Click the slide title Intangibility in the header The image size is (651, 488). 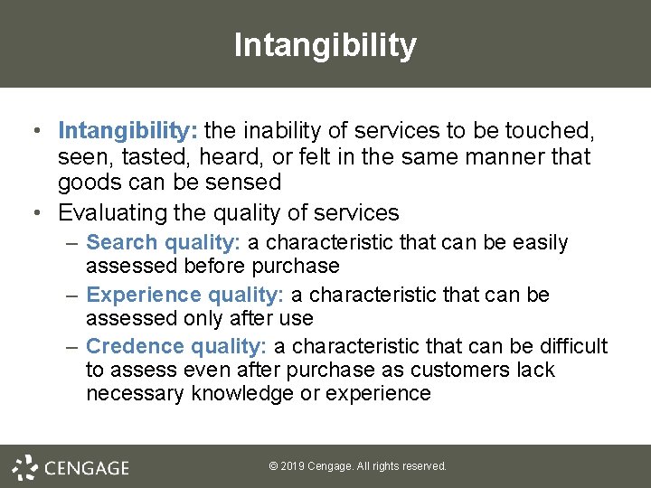click(x=325, y=44)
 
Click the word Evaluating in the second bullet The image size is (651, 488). click(x=107, y=213)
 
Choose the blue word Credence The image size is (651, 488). click(x=134, y=347)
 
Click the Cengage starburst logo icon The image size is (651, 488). click(x=24, y=466)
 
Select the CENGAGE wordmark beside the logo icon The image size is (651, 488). click(x=87, y=468)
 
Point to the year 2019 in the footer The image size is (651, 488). click(x=291, y=466)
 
